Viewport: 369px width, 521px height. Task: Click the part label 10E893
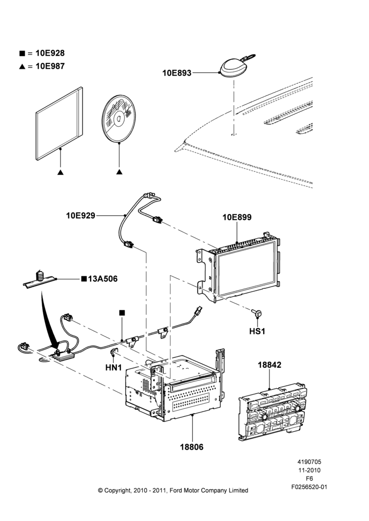(x=177, y=73)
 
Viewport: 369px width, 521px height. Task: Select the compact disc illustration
(x=119, y=118)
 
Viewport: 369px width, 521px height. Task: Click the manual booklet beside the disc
(x=59, y=124)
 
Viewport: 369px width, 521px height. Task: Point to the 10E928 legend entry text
(x=50, y=53)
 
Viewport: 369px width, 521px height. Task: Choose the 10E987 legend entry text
(x=50, y=66)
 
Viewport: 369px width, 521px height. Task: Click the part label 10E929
(x=81, y=216)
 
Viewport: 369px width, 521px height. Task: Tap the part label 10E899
(x=237, y=217)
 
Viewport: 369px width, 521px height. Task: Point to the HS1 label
(x=257, y=331)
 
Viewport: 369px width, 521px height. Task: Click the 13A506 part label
(x=103, y=279)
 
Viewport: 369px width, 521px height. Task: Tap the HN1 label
(x=114, y=367)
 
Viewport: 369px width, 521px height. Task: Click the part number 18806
(x=192, y=447)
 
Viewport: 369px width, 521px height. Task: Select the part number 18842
(x=269, y=365)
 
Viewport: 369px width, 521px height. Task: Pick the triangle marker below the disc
(x=119, y=172)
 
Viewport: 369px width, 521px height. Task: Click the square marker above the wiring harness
(x=122, y=313)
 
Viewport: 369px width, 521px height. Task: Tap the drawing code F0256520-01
(x=309, y=487)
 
